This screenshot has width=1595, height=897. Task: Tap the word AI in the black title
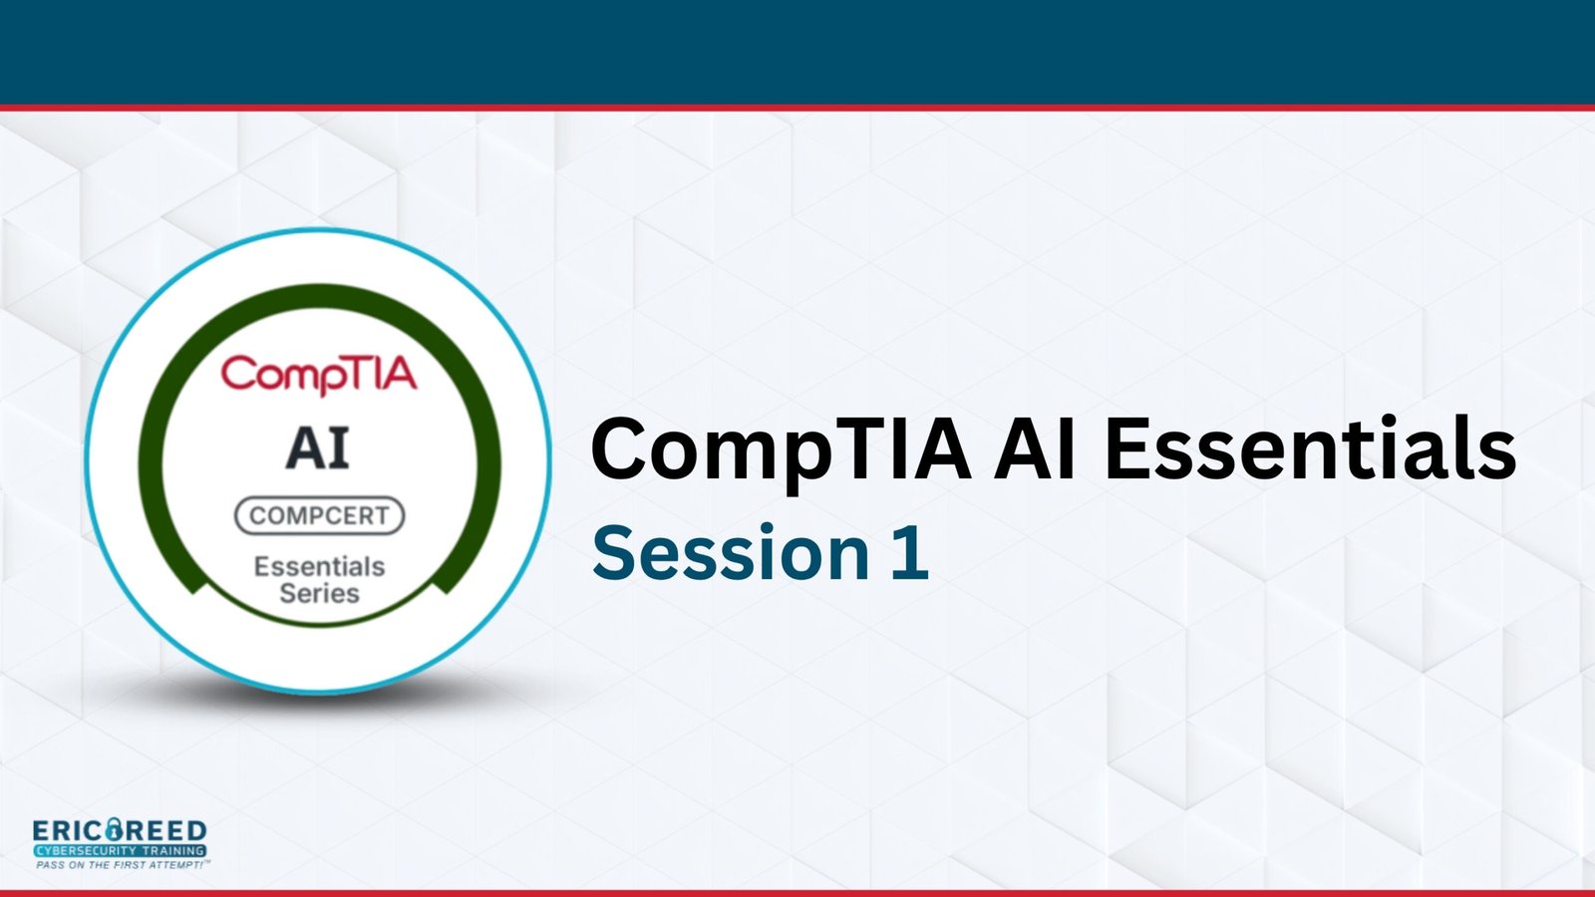tap(1036, 448)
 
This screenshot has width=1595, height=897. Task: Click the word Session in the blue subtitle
tap(731, 552)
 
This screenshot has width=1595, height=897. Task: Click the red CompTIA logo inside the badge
tap(318, 375)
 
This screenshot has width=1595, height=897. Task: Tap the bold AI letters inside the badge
tap(318, 448)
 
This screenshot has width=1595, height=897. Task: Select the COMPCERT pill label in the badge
tap(320, 515)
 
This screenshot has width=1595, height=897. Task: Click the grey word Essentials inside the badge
tap(320, 567)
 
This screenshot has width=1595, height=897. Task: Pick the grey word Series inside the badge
tap(320, 593)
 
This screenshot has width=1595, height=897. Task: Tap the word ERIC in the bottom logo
tap(68, 831)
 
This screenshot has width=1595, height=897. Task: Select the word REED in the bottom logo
tap(165, 831)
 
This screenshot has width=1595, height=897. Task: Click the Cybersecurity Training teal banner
tap(120, 851)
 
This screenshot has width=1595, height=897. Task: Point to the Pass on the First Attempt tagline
tap(123, 865)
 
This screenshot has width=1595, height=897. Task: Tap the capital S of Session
tap(614, 552)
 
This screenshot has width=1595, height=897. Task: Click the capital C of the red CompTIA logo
tap(238, 373)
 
